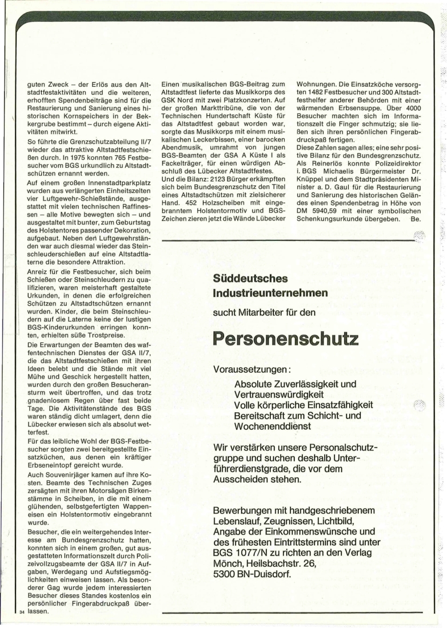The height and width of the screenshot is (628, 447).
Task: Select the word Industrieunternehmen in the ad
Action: [270, 293]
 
